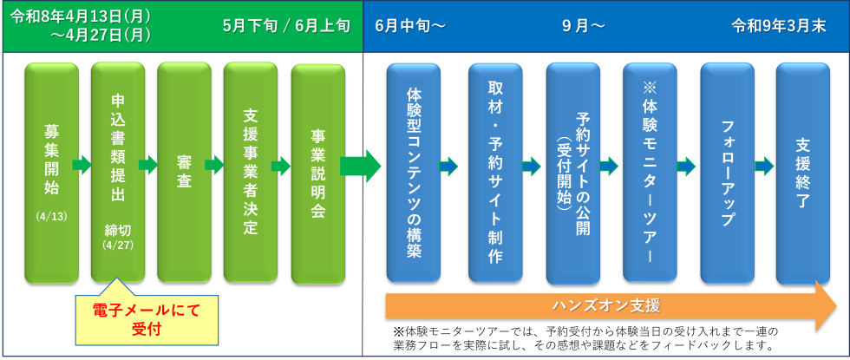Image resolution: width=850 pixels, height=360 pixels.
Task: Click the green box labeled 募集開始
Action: click(51, 170)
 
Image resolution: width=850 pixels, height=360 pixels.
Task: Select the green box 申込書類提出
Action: click(118, 170)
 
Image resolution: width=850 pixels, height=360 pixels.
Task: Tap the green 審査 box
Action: click(184, 170)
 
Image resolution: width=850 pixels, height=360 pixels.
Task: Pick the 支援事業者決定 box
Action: click(250, 170)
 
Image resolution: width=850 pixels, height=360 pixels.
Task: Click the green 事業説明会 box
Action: click(317, 170)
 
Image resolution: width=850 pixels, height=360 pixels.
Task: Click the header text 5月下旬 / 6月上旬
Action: click(285, 25)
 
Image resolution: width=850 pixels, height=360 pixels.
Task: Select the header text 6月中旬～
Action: click(410, 25)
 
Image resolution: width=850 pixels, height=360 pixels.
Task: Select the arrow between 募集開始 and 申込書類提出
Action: click(82, 165)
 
